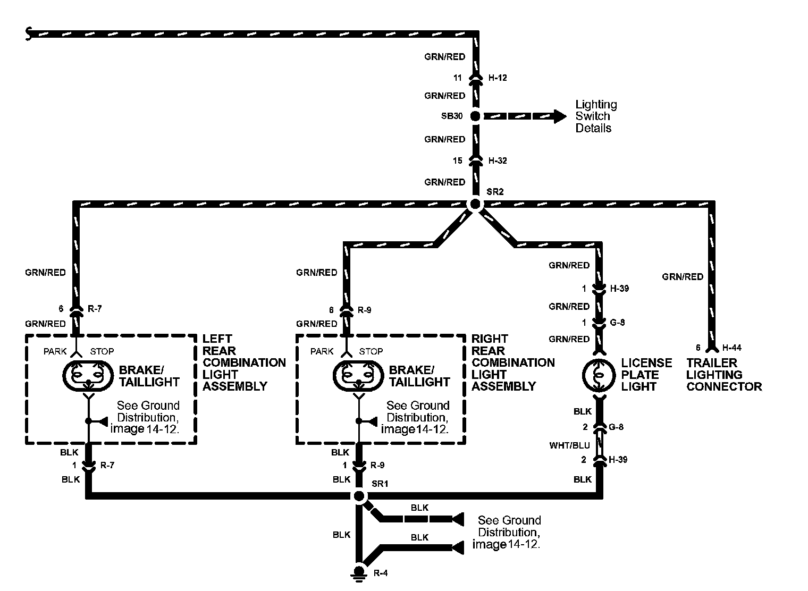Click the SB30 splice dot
pos(475,116)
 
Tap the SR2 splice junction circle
pos(475,204)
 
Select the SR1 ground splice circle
pos(359,496)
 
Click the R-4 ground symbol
pos(359,573)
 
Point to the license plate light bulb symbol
pos(599,375)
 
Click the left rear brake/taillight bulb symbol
pos(88,375)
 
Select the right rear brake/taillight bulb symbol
pos(358,375)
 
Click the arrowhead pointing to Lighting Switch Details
pos(560,116)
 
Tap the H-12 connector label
pos(498,78)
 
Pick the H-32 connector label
pos(498,161)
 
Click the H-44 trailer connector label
pos(731,348)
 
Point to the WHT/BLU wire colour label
pos(569,445)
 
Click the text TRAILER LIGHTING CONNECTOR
pos(723,375)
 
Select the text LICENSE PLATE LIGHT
pos(646,375)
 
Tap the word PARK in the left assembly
pos(55,351)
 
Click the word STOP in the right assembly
pos(371,351)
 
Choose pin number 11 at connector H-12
pos(458,78)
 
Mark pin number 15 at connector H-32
pos(458,161)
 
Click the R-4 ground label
pos(381,573)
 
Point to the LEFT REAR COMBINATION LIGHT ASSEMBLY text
pos(244,362)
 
